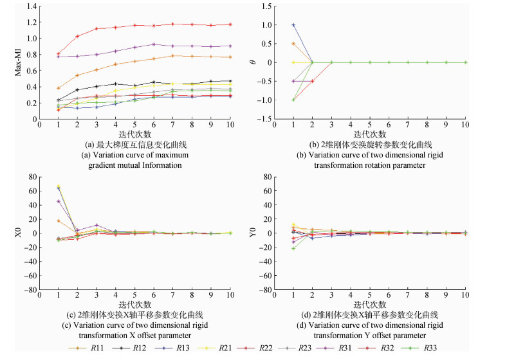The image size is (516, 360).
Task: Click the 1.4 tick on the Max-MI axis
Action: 32,6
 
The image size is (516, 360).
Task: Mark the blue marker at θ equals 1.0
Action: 293,25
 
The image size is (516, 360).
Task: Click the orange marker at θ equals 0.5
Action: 293,44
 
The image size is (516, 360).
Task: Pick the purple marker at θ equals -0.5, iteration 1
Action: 293,81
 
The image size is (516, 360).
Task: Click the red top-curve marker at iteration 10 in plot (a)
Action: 230,24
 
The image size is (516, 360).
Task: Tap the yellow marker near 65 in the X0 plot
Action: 59,186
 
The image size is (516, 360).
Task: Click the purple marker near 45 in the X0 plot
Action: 59,201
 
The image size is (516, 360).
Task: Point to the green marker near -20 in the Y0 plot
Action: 293,248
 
